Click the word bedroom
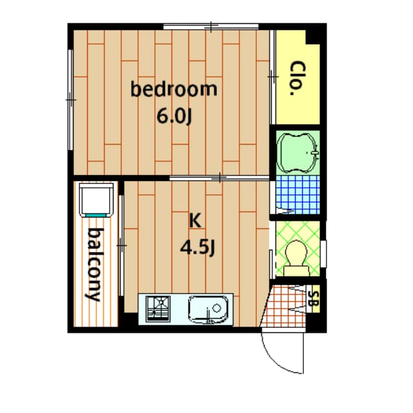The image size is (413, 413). [x=174, y=89]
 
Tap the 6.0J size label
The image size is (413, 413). [x=174, y=116]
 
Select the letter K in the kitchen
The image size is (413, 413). [x=195, y=221]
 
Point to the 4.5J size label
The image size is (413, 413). [x=197, y=248]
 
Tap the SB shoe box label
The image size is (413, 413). [x=314, y=299]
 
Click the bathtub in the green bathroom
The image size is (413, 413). [x=297, y=153]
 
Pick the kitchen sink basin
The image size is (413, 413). [x=208, y=309]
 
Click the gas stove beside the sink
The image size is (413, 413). [x=158, y=308]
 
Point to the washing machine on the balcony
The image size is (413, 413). [x=96, y=199]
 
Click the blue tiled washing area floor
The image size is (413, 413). [x=297, y=195]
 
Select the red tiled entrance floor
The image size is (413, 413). [x=285, y=306]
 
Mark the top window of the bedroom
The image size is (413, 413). [x=211, y=26]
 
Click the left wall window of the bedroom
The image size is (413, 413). [x=70, y=100]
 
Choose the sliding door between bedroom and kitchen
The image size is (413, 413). [x=219, y=178]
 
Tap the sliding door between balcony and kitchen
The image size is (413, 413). [x=121, y=245]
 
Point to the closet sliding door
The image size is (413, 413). [x=273, y=77]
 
